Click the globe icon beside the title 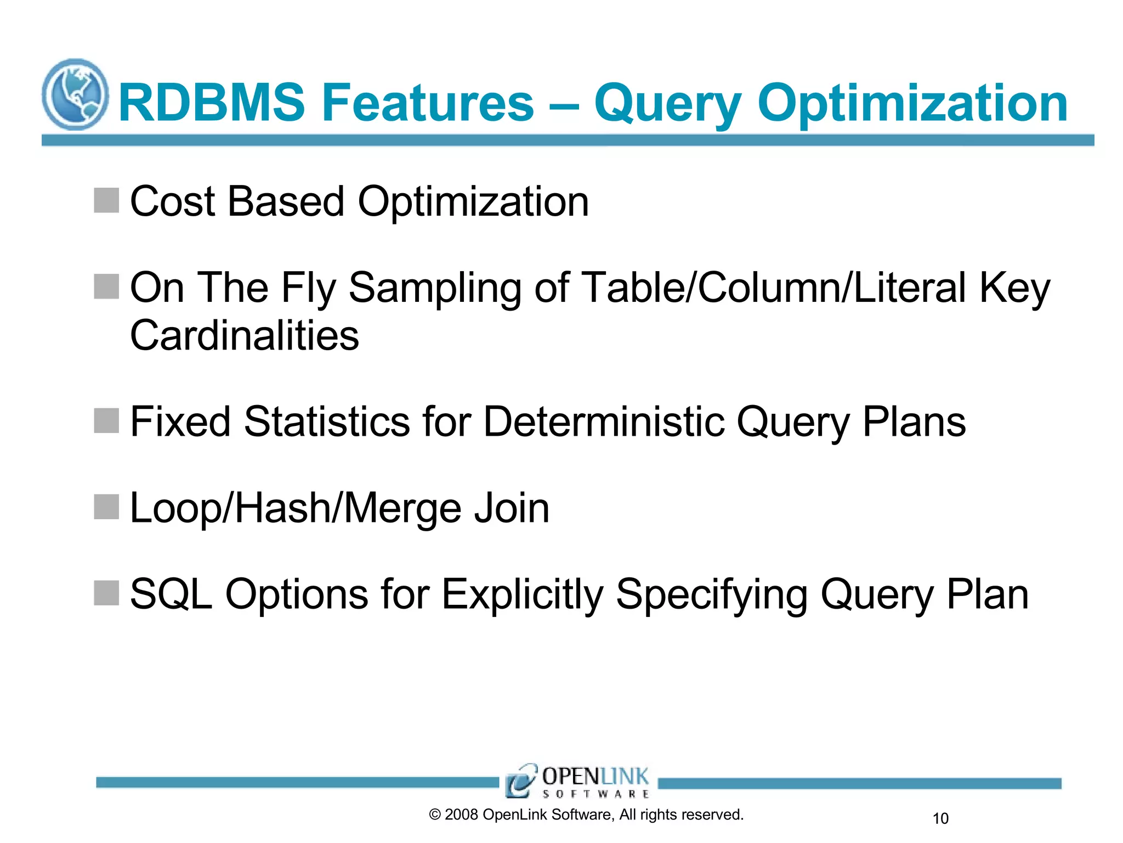75,94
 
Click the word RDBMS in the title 212,103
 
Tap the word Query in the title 668,104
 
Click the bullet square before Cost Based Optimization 106,200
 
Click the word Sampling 435,288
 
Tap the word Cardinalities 245,335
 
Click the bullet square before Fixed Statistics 106,420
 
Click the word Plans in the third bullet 914,421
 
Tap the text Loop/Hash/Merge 294,508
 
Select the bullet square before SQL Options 106,593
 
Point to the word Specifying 712,595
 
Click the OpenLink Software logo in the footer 578,780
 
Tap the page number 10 940,818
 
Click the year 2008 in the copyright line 461,814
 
